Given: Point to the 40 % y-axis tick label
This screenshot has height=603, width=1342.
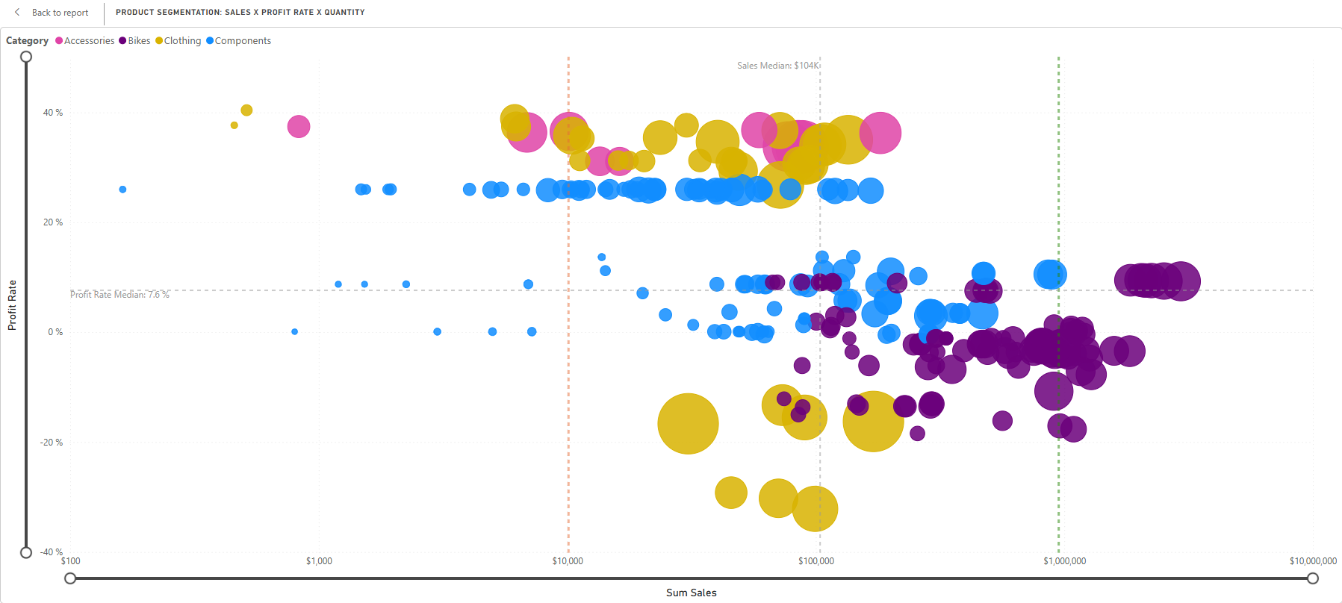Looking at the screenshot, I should pyautogui.click(x=53, y=113).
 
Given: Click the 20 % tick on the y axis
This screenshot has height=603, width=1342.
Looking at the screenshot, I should pyautogui.click(x=53, y=222).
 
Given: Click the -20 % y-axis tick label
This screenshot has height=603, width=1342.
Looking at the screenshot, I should pyautogui.click(x=52, y=443).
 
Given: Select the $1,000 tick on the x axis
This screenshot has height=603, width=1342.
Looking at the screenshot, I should pyautogui.click(x=319, y=561).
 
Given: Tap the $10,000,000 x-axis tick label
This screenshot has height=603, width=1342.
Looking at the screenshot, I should pyautogui.click(x=1312, y=561).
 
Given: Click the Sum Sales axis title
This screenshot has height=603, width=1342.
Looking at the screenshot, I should pyautogui.click(x=691, y=593).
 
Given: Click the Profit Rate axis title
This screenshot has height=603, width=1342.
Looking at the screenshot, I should pyautogui.click(x=12, y=304).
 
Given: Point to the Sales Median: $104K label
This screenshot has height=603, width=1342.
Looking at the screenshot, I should pyautogui.click(x=777, y=66).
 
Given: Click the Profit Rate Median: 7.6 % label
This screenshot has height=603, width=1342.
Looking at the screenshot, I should pyautogui.click(x=119, y=295).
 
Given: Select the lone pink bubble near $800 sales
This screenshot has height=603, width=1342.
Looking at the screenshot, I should pyautogui.click(x=299, y=126).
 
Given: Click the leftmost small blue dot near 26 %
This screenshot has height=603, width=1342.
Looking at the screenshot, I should pyautogui.click(x=122, y=190).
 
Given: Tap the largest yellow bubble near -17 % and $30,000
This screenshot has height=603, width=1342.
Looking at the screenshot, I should pyautogui.click(x=688, y=424).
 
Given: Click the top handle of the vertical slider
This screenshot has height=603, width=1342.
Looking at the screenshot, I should pyautogui.click(x=26, y=57).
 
